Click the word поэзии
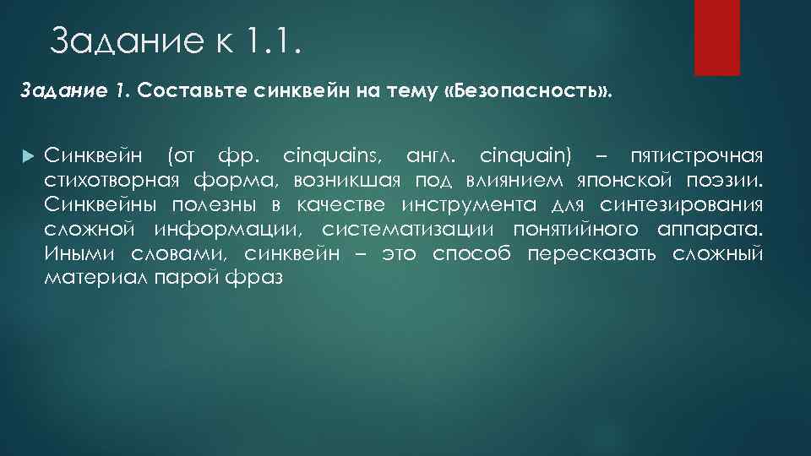(732, 181)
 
